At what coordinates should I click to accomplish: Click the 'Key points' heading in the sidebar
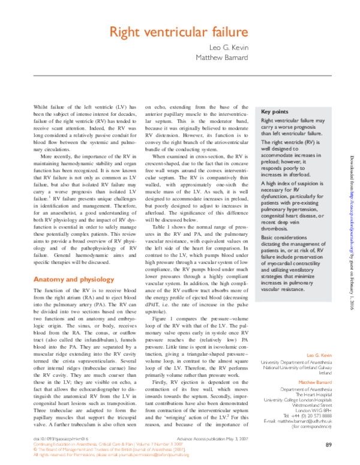pos(276,112)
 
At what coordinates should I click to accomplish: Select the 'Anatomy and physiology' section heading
pos(73,280)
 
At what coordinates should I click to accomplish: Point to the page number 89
pos(328,444)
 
